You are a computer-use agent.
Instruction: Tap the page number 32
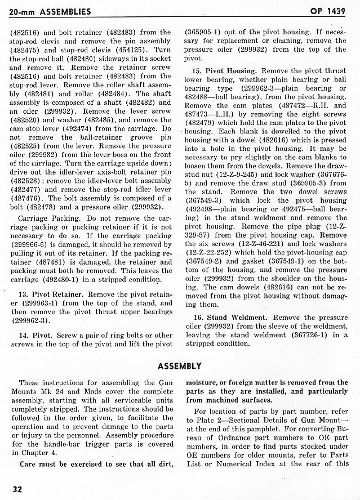tap(17, 488)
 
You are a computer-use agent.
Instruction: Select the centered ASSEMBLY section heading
tap(180, 366)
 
